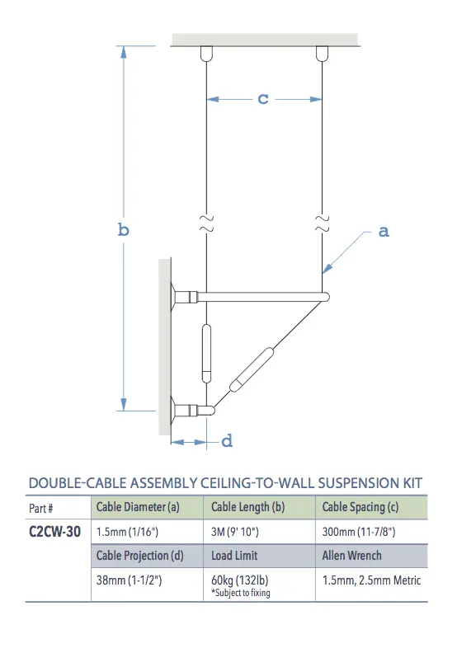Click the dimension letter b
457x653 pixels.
click(123, 230)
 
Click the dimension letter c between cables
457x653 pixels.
click(263, 99)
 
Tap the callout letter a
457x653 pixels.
click(384, 232)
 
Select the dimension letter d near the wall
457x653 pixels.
click(228, 441)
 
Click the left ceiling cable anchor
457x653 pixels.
click(205, 53)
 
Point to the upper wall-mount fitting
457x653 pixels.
click(183, 295)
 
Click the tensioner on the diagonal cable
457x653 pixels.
click(252, 368)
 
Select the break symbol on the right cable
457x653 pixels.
click(320, 221)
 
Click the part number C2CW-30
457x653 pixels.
click(55, 532)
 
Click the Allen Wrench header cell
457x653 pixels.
click(352, 556)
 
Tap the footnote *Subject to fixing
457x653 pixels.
click(240, 593)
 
